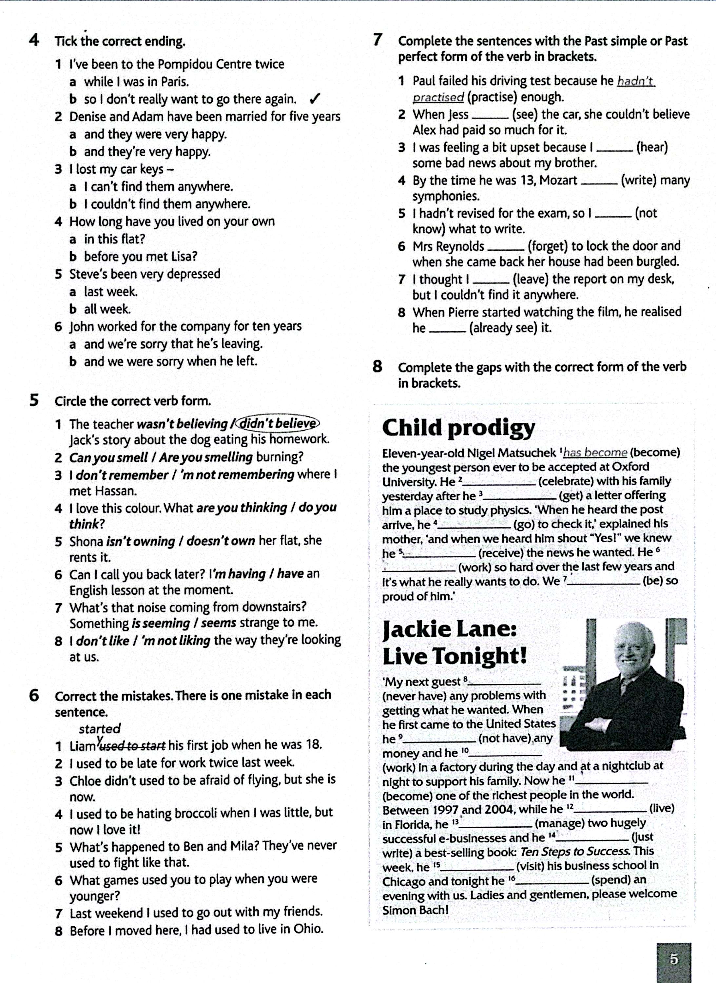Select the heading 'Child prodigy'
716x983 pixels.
[x=458, y=428]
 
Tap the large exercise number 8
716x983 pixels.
[x=377, y=367]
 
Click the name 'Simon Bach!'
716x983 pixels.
[x=415, y=910]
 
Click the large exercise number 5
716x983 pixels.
[x=34, y=400]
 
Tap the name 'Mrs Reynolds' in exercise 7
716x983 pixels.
[x=448, y=246]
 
